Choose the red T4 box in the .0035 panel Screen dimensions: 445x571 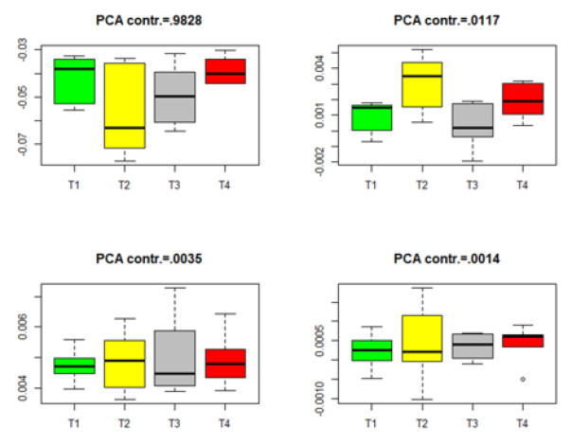(225, 363)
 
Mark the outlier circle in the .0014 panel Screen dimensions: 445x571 (522, 379)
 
